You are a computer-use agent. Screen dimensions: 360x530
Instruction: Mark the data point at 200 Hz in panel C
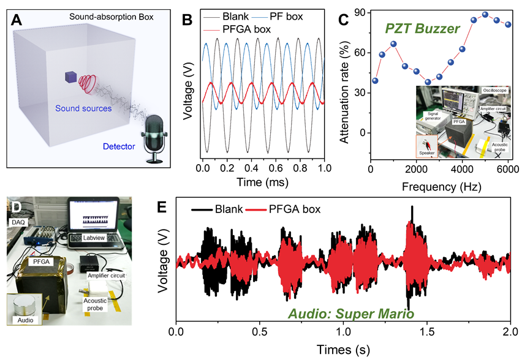coord(375,81)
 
